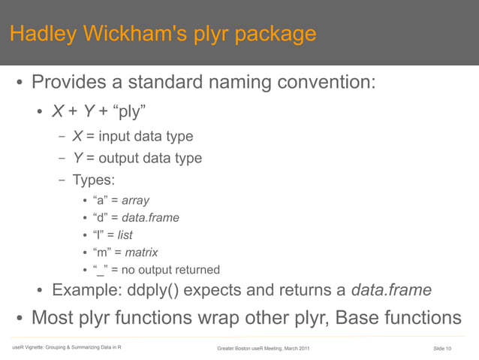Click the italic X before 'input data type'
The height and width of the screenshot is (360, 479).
click(77, 137)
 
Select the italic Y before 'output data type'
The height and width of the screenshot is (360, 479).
click(77, 159)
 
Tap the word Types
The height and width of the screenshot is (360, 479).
click(94, 180)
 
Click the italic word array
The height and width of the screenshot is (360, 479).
click(136, 201)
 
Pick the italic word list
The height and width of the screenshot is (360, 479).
click(122, 235)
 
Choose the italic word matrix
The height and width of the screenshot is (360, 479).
click(141, 253)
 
